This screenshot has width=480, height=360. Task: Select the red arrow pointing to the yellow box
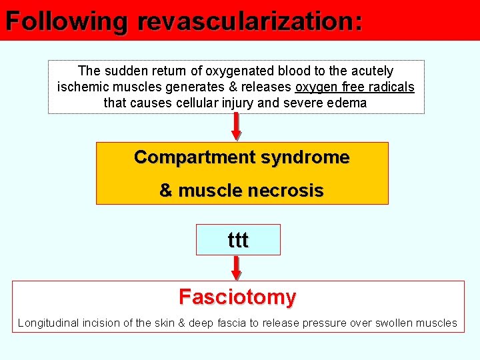(235, 127)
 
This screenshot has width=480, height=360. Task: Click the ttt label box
(238, 240)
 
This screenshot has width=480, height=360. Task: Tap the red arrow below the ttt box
(237, 267)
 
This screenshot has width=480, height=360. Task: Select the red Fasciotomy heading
(237, 297)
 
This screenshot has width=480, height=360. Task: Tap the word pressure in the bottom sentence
(325, 323)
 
